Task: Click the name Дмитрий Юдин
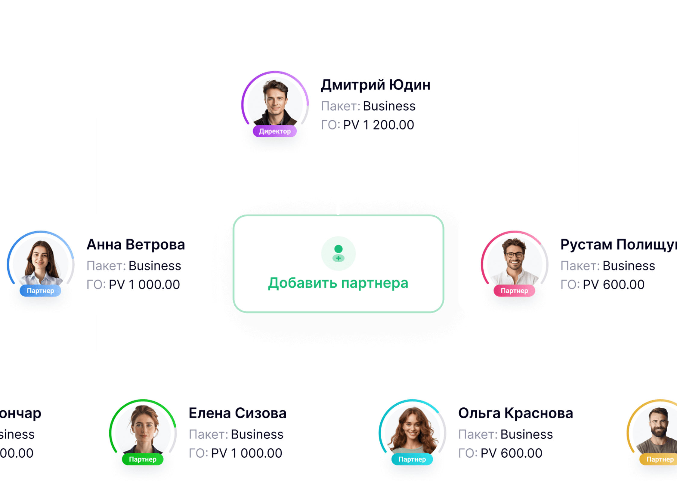(375, 85)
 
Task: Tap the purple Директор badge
(275, 131)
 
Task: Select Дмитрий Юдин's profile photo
(275, 102)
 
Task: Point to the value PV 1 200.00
(379, 125)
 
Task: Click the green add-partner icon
(338, 253)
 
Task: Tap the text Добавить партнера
(338, 283)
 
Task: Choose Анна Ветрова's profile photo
(41, 262)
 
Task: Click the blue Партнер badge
(40, 291)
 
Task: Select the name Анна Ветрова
(136, 245)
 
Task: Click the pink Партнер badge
(514, 291)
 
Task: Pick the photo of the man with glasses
(515, 261)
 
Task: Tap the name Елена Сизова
(237, 413)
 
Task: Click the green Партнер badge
(143, 459)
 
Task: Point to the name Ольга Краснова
(515, 413)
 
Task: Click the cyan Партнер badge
(412, 459)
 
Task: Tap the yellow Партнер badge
(659, 459)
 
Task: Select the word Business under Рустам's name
(629, 266)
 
